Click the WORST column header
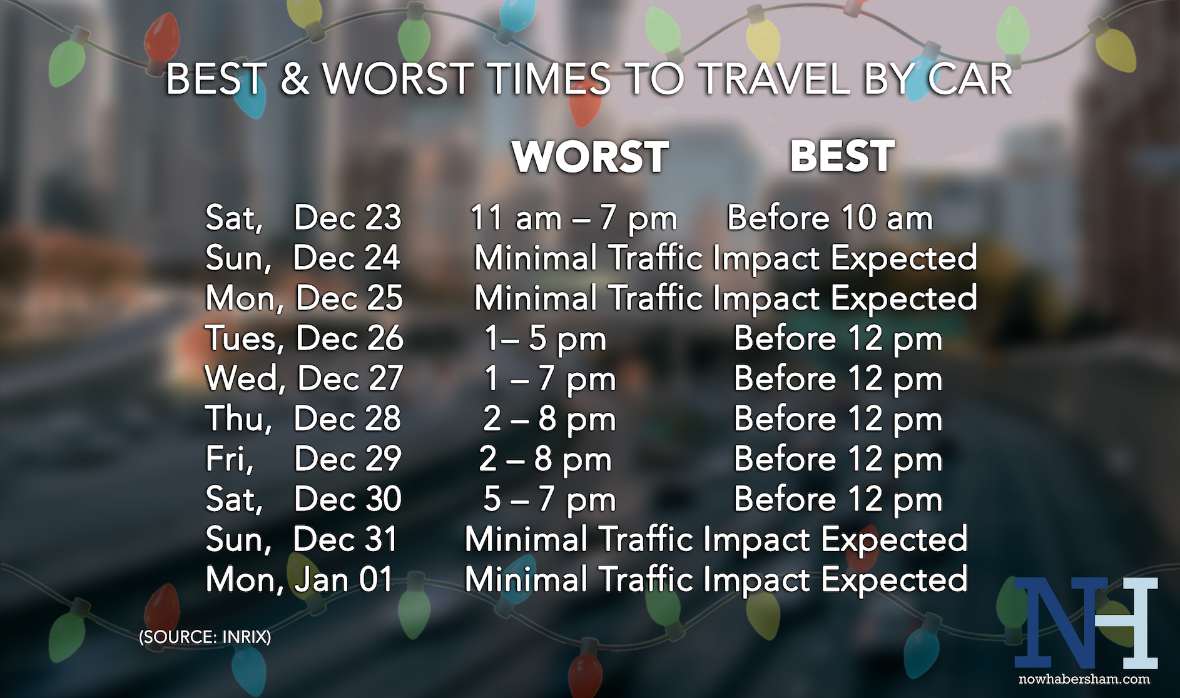coord(591,156)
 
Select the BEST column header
coord(842,156)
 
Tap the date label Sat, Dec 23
coord(303,218)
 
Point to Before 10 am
coord(830,218)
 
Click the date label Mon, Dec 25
coord(304,298)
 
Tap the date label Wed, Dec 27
coord(304,379)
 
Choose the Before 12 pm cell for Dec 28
coord(838,419)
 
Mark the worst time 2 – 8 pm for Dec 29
coord(546,460)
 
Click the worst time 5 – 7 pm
coord(550,500)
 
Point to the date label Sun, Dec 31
coord(302,539)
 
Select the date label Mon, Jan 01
coord(300,580)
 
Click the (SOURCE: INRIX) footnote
coord(205,637)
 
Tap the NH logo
coord(1086,623)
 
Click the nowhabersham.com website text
coord(1084,679)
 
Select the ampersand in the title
coord(294,79)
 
